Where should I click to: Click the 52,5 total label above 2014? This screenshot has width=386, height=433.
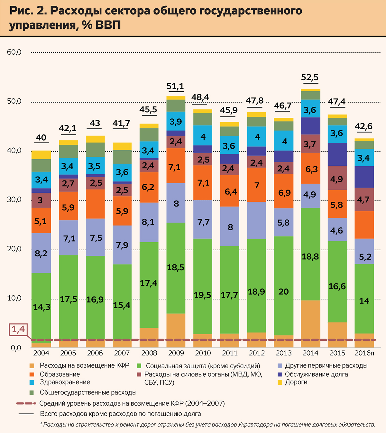[x=310, y=78]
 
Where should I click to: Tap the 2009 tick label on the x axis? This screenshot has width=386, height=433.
[x=176, y=353]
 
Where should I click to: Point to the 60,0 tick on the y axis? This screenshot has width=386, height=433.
[x=14, y=52]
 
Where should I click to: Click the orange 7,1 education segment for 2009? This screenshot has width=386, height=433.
[x=176, y=167]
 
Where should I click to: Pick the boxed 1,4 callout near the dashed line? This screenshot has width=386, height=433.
[x=18, y=329]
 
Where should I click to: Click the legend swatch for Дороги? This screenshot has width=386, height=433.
[x=280, y=382]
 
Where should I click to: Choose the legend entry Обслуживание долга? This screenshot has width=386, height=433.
[x=316, y=374]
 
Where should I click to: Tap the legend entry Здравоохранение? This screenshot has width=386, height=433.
[x=65, y=382]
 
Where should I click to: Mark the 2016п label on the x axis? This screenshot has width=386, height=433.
[x=364, y=353]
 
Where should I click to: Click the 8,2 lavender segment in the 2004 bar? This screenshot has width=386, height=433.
[x=41, y=253]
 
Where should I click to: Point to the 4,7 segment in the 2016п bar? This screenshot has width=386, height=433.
[x=364, y=200]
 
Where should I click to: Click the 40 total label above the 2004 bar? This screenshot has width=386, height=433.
[x=41, y=138]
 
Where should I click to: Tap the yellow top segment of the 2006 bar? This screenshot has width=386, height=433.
[x=95, y=139]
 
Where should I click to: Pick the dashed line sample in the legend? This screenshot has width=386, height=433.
[x=26, y=403]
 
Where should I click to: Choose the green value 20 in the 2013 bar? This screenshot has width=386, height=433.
[x=284, y=291]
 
